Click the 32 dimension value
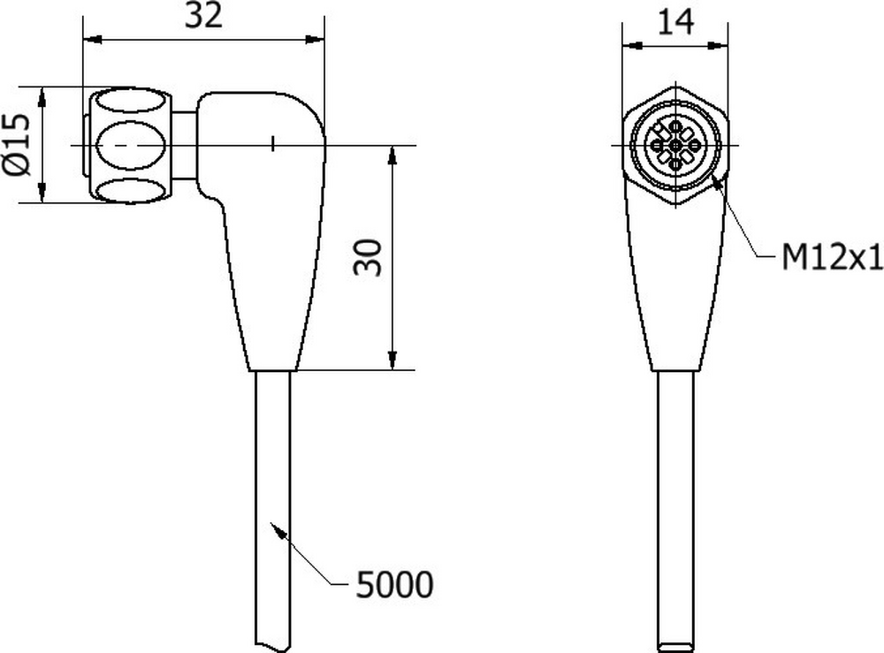203,16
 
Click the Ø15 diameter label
17,145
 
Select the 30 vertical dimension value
368,257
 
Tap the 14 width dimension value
675,23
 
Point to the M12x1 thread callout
832,258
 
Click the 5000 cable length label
394,584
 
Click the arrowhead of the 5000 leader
278,530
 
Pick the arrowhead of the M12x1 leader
718,183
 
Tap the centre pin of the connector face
675,146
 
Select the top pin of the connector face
675,126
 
